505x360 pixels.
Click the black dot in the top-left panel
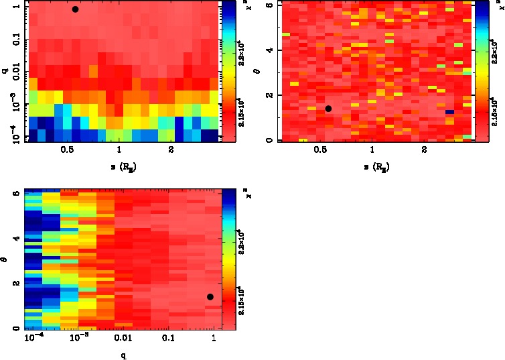pyautogui.click(x=75, y=9)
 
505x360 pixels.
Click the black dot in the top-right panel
pyautogui.click(x=328, y=109)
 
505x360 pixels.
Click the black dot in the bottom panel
pyautogui.click(x=210, y=297)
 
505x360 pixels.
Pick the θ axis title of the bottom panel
pyautogui.click(x=5, y=258)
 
